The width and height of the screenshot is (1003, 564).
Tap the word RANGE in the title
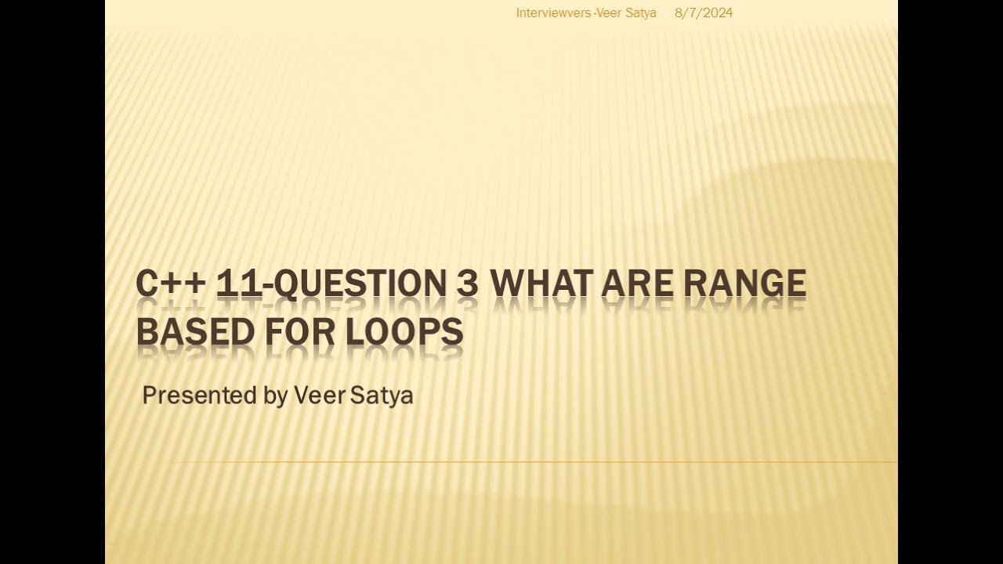point(745,284)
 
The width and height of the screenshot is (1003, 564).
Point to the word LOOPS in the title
point(404,331)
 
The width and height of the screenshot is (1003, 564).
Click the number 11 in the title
point(238,284)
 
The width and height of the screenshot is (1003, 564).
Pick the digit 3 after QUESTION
point(467,284)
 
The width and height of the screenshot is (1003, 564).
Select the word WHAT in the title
point(541,284)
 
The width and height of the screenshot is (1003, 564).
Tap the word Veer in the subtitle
point(319,396)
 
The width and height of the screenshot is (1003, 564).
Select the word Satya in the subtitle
point(382,396)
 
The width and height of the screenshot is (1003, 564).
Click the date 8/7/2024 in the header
point(704,13)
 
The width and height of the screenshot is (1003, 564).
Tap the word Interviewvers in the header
point(553,13)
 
